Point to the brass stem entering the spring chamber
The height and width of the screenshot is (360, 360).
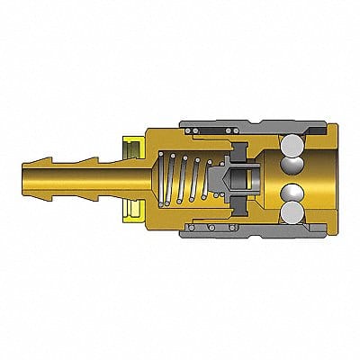pos(148,181)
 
